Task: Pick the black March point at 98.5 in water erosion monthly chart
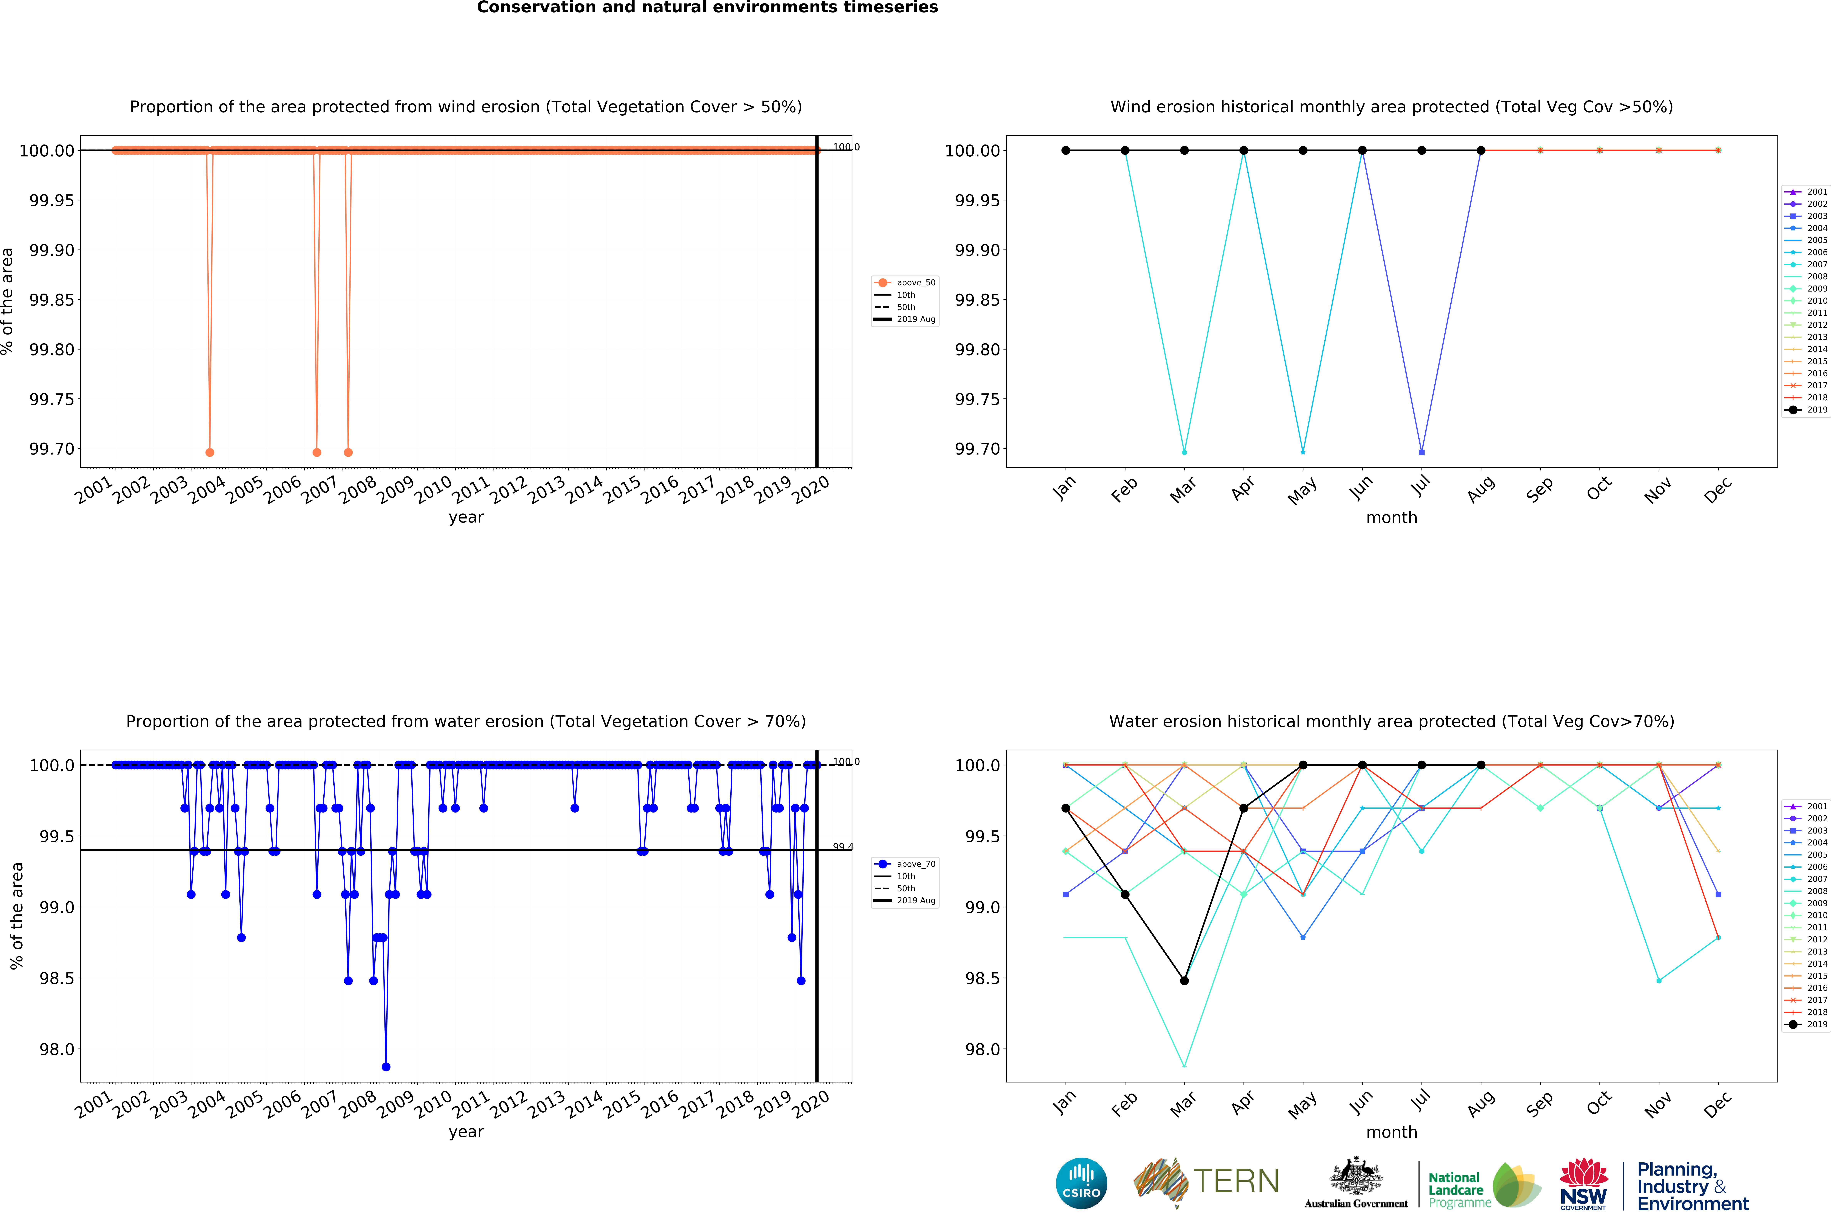point(1184,981)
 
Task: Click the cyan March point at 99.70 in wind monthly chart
point(1184,452)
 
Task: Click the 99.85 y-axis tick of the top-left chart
point(52,300)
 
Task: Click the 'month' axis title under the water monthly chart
point(1391,1132)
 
